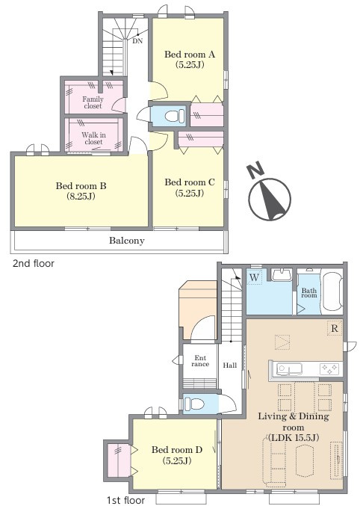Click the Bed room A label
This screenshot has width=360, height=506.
tap(190, 59)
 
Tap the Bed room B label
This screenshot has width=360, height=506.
tap(81, 191)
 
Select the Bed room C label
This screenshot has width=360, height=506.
tap(190, 188)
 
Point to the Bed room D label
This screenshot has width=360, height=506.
tap(177, 454)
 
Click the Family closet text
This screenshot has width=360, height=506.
tap(93, 102)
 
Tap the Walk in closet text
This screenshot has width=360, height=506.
tap(93, 138)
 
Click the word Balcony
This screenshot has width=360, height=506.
tap(127, 241)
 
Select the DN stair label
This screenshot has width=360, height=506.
tap(137, 41)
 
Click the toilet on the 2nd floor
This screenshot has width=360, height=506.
tap(175, 116)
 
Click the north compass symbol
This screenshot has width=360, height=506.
tap(270, 200)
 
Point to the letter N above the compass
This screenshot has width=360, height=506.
tap(255, 170)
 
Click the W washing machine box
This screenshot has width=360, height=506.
tap(254, 277)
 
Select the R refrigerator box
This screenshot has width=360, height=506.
tap(335, 329)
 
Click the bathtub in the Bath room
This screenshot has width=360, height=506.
tap(332, 291)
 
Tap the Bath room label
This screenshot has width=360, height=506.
tap(308, 292)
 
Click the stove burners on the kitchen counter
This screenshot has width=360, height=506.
tap(329, 368)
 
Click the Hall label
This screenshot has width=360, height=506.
tap(230, 365)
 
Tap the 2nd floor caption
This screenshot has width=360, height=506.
tap(33, 264)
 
